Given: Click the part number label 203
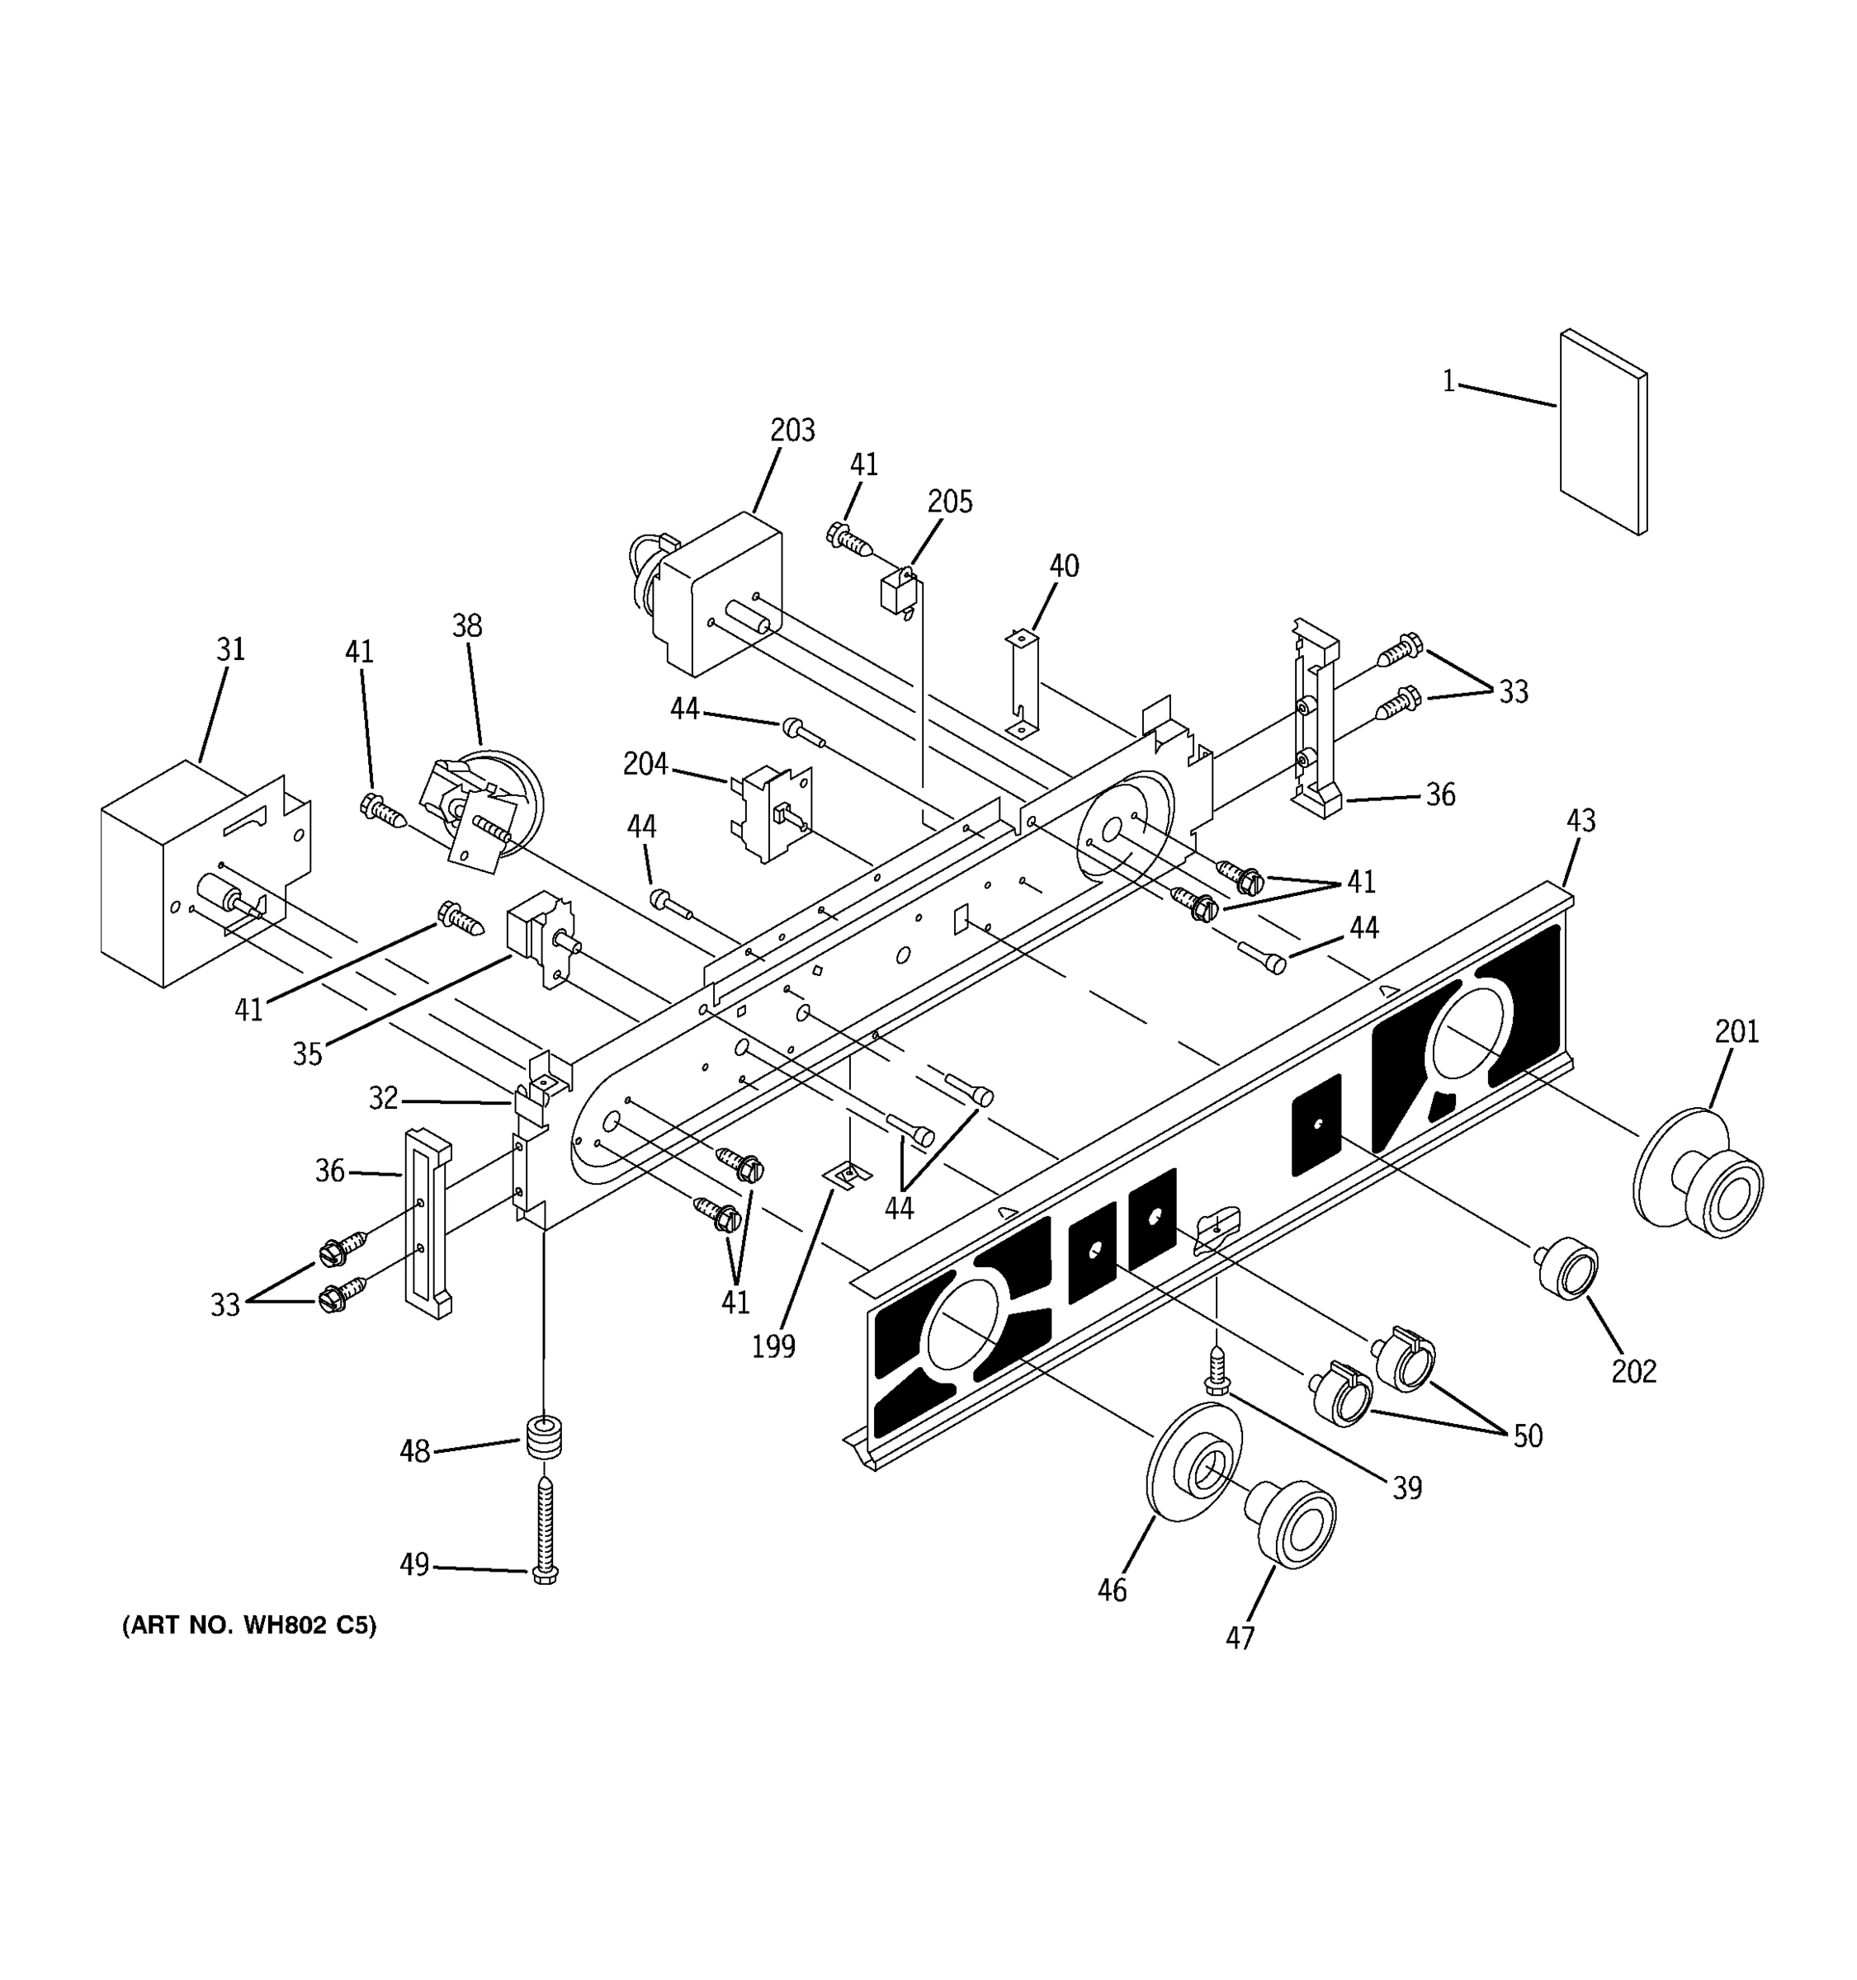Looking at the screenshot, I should click(x=792, y=431).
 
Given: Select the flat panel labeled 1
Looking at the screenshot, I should click(x=1602, y=431).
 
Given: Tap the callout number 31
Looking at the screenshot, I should click(x=230, y=649).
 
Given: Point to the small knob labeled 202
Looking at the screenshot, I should click(x=1567, y=1268).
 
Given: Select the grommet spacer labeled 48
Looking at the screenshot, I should click(x=543, y=1439).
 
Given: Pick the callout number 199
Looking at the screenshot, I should click(x=773, y=1346).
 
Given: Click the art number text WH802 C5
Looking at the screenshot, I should click(x=249, y=1625).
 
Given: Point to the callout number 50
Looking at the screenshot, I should click(x=1527, y=1435).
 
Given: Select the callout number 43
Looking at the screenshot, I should click(x=1580, y=821).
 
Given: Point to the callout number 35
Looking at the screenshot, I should click(x=307, y=1054).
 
